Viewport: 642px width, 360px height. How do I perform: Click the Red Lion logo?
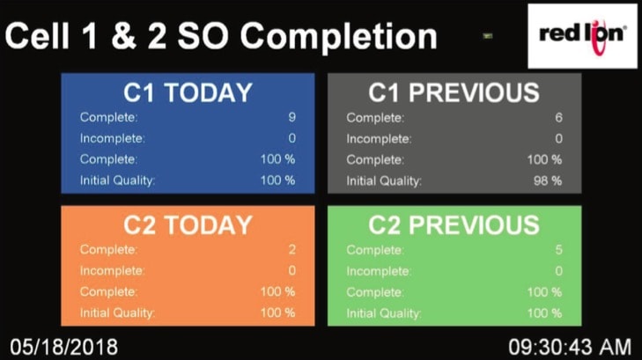click(582, 36)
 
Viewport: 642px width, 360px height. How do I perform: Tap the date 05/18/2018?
click(64, 347)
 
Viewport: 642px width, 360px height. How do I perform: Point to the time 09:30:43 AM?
click(570, 347)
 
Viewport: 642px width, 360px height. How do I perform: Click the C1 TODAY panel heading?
click(188, 92)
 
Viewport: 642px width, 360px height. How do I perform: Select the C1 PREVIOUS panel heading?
click(454, 92)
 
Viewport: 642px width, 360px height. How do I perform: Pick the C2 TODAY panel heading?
click(188, 225)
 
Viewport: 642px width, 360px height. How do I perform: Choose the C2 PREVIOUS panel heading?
click(454, 225)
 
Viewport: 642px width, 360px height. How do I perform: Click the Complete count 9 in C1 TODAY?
click(291, 117)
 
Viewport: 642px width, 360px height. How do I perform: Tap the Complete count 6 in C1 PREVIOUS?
click(558, 118)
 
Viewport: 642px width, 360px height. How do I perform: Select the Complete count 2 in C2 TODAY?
click(291, 250)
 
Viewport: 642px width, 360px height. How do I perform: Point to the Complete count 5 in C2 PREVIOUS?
click(558, 250)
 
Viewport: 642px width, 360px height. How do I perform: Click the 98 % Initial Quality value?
click(548, 180)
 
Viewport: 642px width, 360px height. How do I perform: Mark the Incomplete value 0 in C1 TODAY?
click(291, 138)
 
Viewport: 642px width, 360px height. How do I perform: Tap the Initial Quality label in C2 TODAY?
click(117, 313)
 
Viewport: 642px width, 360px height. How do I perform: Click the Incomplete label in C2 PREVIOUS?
click(379, 271)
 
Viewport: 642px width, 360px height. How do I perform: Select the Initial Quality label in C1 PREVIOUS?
click(384, 181)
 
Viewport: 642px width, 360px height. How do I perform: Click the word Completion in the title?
click(338, 37)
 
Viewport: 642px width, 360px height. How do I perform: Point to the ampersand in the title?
click(123, 36)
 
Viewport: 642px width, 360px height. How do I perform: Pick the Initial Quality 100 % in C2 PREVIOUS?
click(544, 313)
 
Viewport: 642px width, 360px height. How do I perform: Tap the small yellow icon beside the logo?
click(487, 36)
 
